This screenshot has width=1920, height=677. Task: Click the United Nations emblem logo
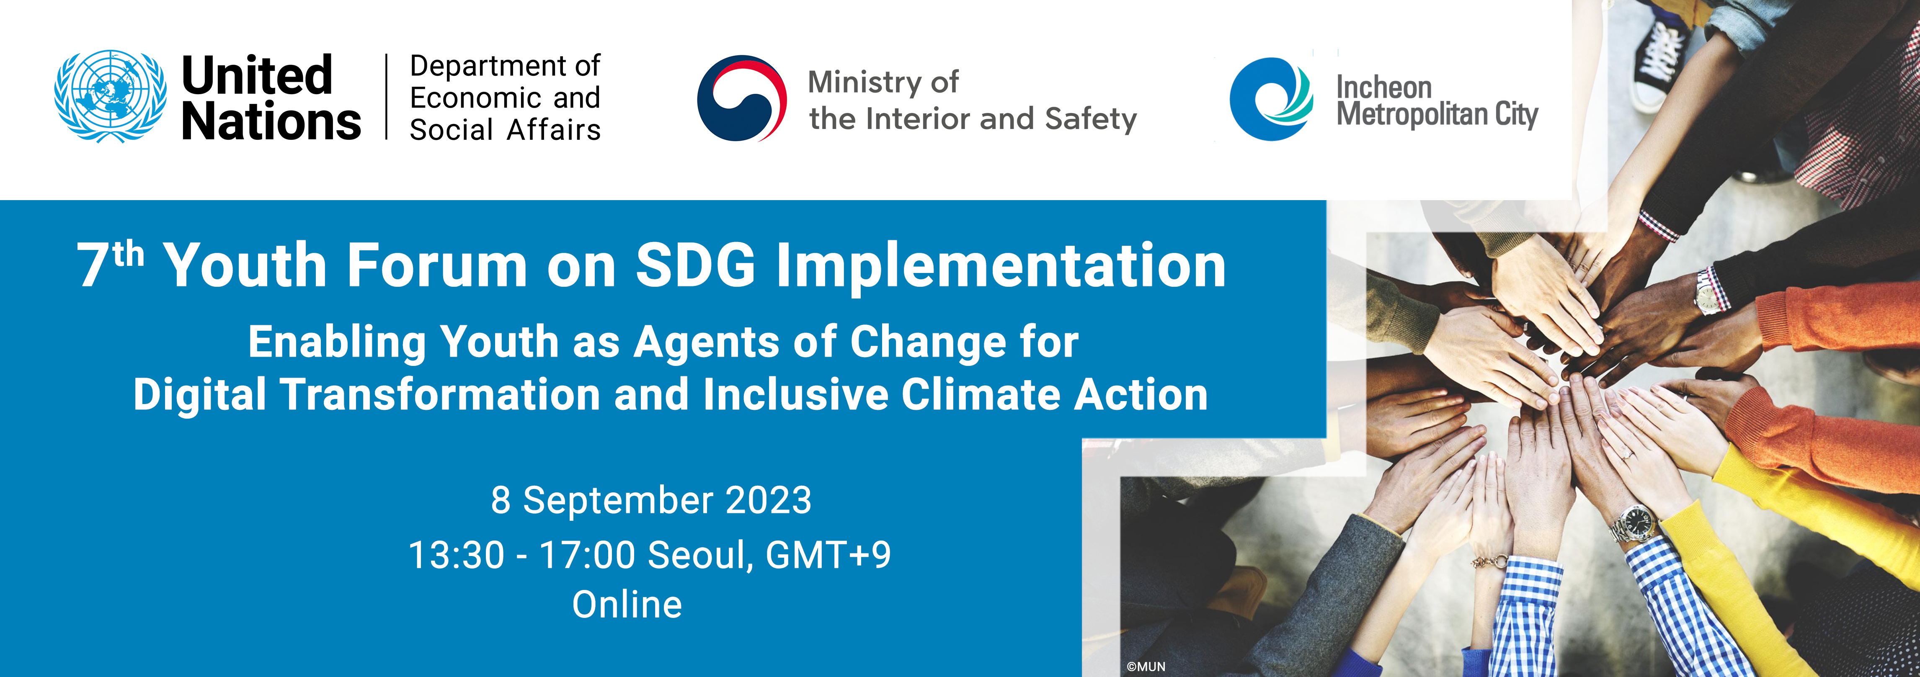click(x=110, y=97)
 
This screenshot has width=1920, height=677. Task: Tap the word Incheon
click(x=1384, y=87)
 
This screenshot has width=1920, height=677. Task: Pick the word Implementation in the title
click(x=1001, y=268)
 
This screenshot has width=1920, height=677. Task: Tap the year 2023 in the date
click(x=769, y=500)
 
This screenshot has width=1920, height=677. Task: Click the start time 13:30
click(x=456, y=555)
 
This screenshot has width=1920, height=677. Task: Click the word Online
click(x=627, y=604)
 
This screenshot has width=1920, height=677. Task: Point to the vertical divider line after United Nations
click(x=386, y=97)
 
